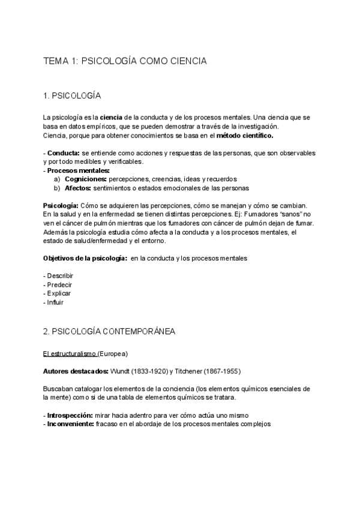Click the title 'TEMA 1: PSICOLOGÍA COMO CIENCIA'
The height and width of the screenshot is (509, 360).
125,61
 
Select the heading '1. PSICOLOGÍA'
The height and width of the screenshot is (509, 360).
72,96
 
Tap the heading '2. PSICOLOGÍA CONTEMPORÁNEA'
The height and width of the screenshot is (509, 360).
109,331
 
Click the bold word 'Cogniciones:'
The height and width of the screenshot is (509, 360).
86,179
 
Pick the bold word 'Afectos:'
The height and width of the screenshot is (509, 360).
78,188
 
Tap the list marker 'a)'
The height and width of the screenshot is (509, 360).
57,179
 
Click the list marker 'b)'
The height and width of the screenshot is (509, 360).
57,188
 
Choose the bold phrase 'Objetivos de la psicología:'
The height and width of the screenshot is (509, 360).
85,258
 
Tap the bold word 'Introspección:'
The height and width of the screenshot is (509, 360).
69,415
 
